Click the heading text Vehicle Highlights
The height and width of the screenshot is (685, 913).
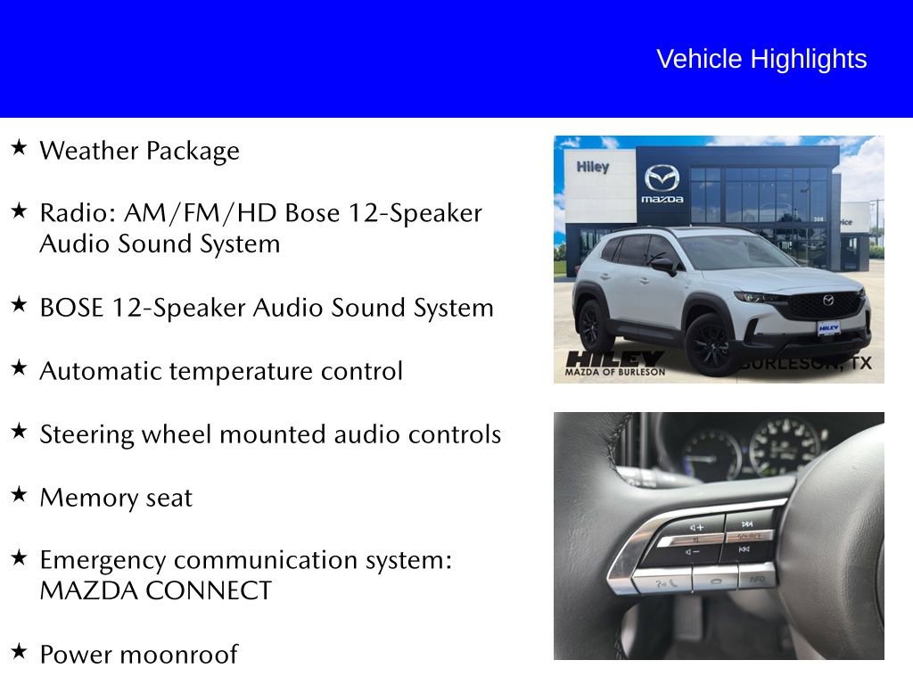(761, 59)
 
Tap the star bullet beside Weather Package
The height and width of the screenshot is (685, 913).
(19, 148)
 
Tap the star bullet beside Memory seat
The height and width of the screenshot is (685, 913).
(19, 495)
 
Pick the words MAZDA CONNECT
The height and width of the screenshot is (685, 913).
(155, 590)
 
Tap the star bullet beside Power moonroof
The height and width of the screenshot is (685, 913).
(19, 652)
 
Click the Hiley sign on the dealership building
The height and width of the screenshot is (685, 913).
(592, 167)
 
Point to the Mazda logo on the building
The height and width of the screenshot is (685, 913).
(662, 179)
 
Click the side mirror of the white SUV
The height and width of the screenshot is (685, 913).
(662, 264)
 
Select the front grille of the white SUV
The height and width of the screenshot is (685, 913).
(827, 306)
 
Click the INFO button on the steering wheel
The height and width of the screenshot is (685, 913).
(757, 579)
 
